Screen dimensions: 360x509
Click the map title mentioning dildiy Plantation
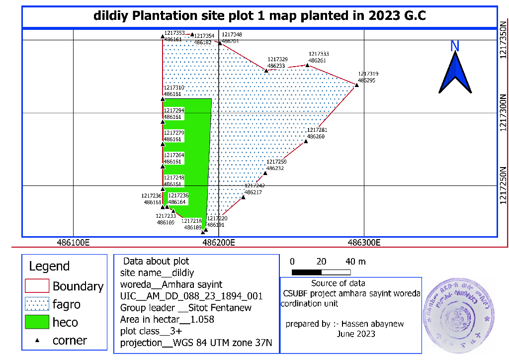point(259,15)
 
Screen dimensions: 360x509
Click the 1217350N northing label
point(504,40)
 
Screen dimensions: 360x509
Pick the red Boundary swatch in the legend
point(37,286)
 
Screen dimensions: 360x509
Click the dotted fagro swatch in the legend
point(37,304)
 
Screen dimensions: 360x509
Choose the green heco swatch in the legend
point(37,322)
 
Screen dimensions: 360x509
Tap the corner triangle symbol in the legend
point(38,340)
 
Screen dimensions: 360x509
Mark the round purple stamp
point(458,312)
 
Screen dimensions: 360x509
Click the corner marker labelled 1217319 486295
point(357,86)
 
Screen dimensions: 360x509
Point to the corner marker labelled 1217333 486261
point(308,65)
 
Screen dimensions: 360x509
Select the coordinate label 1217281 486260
point(317,133)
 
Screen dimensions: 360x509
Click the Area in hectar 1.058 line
point(167,319)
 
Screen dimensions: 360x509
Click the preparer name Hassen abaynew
point(371,324)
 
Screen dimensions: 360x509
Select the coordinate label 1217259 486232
point(276,165)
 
